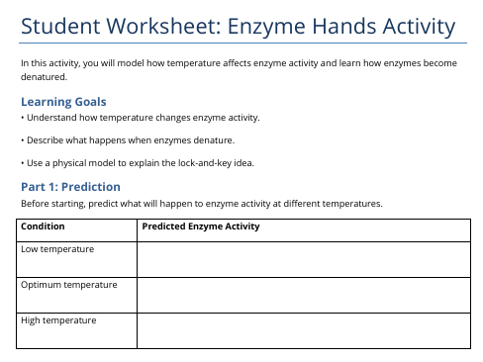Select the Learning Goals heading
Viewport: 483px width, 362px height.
(63, 101)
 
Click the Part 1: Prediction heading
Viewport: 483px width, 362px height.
(70, 186)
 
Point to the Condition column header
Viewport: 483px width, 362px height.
(43, 226)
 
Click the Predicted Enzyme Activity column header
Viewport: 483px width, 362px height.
(201, 226)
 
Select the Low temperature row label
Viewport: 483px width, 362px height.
(57, 249)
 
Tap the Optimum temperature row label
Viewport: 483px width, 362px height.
(69, 285)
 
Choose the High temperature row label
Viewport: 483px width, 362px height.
(58, 320)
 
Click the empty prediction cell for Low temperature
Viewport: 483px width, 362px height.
(303, 260)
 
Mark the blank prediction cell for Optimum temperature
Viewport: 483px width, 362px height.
(303, 295)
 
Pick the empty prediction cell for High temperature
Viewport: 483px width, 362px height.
(303, 330)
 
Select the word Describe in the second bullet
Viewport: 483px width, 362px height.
(45, 139)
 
